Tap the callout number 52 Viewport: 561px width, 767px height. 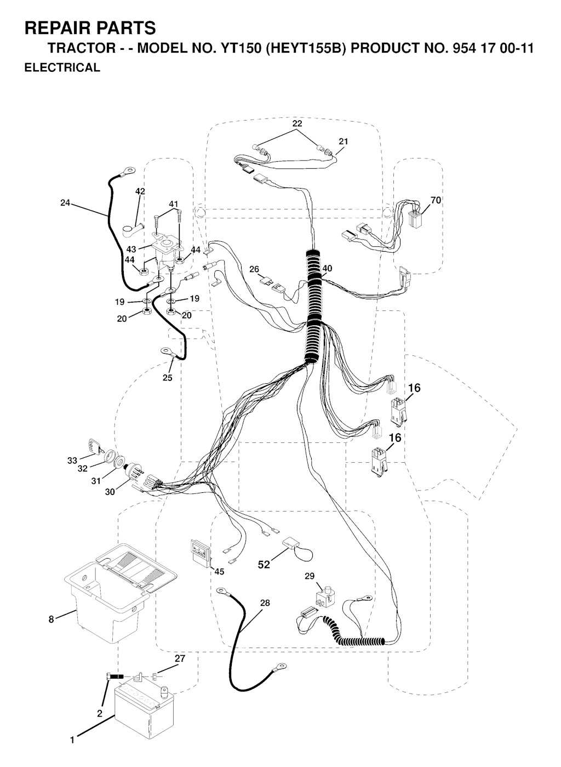(264, 564)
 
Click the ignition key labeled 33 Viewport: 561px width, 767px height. (93, 446)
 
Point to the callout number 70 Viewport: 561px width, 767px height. (436, 200)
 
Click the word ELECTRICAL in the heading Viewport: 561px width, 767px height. (62, 67)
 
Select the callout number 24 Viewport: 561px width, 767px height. (65, 203)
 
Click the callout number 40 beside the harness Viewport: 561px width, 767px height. (327, 268)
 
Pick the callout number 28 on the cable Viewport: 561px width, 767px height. (265, 603)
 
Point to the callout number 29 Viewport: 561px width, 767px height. (309, 576)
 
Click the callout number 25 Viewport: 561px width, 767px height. (167, 378)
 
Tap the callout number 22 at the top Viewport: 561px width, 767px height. (297, 123)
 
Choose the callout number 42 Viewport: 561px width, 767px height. (140, 191)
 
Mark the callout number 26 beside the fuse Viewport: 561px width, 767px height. (254, 269)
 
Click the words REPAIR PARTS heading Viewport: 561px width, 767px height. (90, 28)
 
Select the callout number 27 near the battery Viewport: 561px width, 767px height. (180, 658)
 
